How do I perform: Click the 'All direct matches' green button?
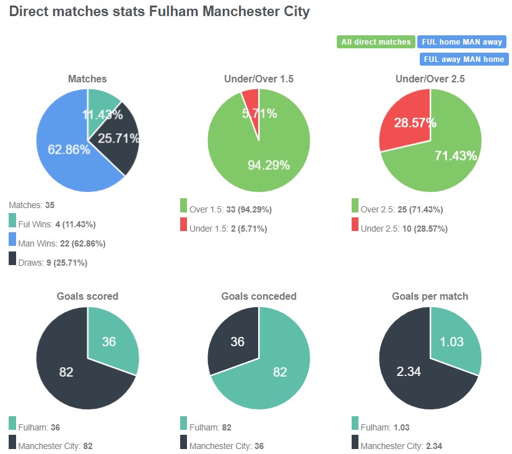[376, 42]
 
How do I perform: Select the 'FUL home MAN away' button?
[461, 42]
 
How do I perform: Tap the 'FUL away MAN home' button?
[463, 59]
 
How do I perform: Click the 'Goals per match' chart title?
[430, 296]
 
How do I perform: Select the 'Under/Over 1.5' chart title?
[259, 79]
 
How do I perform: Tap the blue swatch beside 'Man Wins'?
[13, 239]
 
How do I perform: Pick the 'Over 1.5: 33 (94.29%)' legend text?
[230, 209]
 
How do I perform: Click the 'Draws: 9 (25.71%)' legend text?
[53, 263]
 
